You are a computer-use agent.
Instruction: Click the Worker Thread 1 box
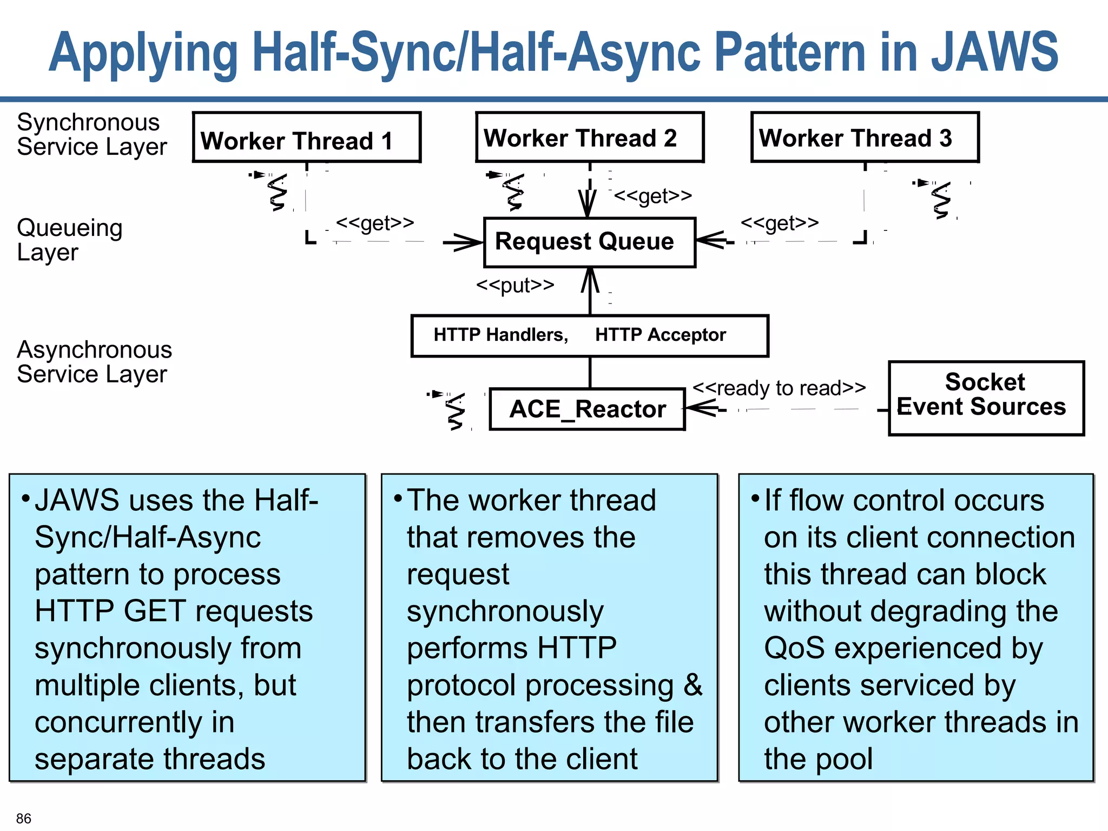click(306, 137)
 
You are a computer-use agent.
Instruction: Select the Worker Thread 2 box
click(589, 137)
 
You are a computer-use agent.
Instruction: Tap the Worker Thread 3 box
click(865, 137)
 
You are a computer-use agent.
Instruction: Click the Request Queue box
click(589, 242)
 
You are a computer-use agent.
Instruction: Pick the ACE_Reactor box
click(587, 409)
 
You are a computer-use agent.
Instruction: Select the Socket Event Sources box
click(986, 398)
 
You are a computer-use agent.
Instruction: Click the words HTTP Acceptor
click(660, 335)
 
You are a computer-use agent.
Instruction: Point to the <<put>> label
click(515, 285)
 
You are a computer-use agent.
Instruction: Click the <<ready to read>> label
click(779, 388)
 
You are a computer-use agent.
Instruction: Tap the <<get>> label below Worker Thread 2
click(652, 195)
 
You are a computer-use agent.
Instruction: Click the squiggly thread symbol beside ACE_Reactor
click(455, 411)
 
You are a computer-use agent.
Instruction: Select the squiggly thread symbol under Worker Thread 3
click(941, 200)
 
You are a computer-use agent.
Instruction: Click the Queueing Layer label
click(69, 240)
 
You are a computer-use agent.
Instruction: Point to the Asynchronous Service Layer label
click(94, 361)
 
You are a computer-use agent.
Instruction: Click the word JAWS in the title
click(994, 52)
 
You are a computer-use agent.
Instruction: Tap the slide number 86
click(24, 818)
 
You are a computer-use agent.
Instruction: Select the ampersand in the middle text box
click(692, 685)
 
